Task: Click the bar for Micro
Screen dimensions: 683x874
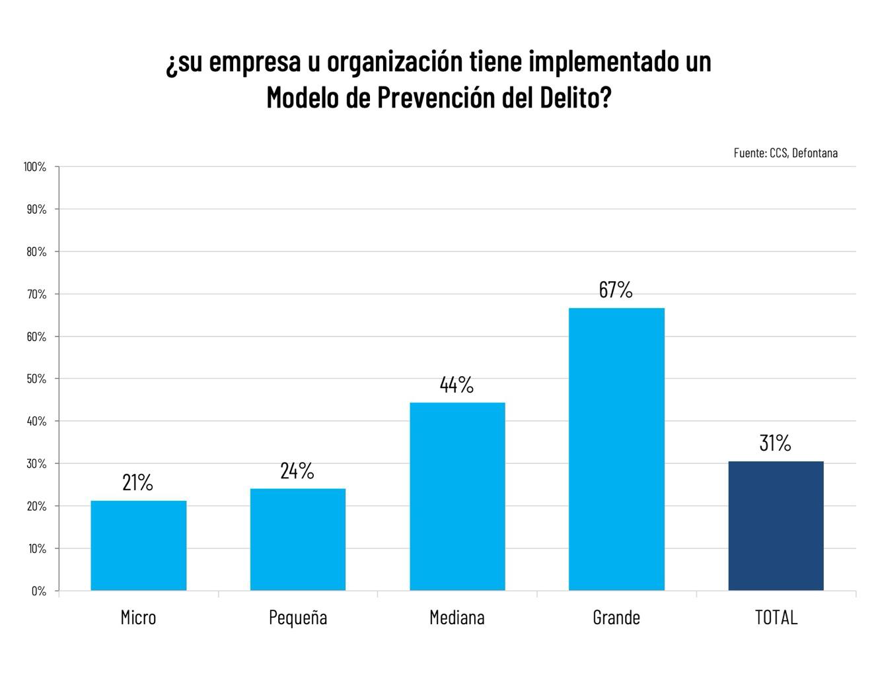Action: tap(138, 546)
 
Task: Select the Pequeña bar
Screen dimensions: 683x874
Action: tap(298, 540)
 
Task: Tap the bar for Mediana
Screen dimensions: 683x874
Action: tap(457, 497)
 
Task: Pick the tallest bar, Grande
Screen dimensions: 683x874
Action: tap(616, 449)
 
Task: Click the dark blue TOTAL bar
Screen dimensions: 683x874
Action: tap(776, 526)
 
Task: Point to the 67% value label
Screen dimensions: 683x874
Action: tap(616, 290)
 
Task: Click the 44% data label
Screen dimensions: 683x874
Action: tap(456, 385)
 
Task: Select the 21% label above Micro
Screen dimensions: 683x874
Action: tap(137, 482)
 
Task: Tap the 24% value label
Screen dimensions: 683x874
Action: tap(297, 471)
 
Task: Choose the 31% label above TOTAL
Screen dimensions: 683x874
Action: tap(775, 443)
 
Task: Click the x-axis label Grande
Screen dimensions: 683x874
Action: tap(616, 618)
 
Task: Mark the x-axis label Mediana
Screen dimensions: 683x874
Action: tap(457, 618)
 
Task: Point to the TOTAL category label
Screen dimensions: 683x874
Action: tap(776, 618)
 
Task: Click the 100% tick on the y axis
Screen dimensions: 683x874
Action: tap(35, 167)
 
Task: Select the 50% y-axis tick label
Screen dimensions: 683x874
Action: tap(36, 379)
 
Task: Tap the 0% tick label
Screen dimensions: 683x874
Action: tap(39, 591)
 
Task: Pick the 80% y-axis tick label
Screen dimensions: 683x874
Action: tap(36, 252)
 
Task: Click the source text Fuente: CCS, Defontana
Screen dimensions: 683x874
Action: tap(785, 153)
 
